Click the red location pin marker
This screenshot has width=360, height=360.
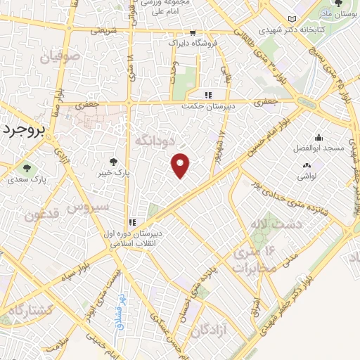(x=181, y=166)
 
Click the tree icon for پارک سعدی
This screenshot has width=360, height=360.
(x=27, y=168)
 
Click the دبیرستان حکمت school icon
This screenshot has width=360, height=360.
(x=207, y=95)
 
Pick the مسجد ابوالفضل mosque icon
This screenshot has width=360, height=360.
(x=319, y=138)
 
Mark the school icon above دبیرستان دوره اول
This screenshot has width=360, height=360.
(x=132, y=222)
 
